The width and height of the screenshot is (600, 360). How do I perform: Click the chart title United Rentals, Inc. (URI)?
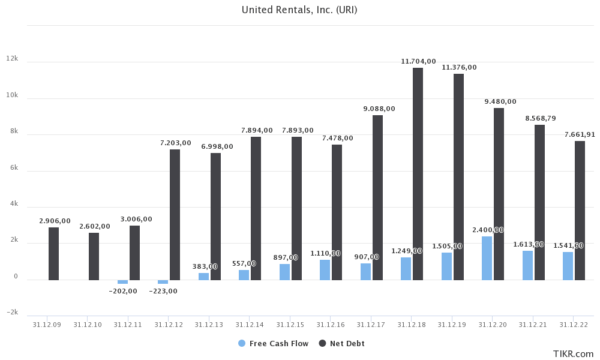pos(299,10)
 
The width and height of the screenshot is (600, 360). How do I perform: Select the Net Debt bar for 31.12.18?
pos(418,174)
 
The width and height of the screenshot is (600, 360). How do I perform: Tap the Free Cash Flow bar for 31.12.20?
pos(487,258)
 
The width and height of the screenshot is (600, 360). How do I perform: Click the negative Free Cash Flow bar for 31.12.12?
pos(163,281)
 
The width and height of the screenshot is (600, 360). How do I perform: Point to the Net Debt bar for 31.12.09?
pos(53,253)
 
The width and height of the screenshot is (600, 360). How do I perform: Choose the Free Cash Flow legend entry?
pos(274,344)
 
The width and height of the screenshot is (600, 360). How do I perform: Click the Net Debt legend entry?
pos(342,344)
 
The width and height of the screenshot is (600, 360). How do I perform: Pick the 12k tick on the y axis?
pos(12,59)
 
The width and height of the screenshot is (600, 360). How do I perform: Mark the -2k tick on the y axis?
pos(12,313)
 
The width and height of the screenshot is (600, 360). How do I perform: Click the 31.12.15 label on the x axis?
pos(290,325)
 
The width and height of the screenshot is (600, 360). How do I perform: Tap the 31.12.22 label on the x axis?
pos(574,325)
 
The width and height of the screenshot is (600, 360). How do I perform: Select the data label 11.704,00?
pos(418,61)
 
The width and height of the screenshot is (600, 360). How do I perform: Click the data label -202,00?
pos(123,291)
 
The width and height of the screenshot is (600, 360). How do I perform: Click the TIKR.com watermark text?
pos(574,354)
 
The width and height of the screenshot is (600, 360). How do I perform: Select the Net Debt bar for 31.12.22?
pos(580,210)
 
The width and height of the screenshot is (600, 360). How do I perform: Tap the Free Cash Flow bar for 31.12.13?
pos(203,277)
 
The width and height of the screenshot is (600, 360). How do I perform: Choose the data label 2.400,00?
pos(487,230)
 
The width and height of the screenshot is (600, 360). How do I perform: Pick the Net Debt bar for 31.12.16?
pos(337,212)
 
